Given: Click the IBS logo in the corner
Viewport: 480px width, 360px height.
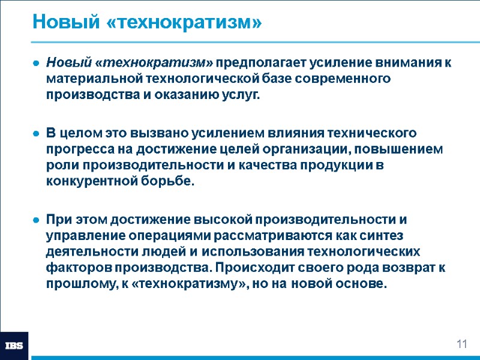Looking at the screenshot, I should pyautogui.click(x=14, y=345).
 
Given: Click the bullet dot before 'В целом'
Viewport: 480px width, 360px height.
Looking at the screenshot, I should pyautogui.click(x=37, y=132).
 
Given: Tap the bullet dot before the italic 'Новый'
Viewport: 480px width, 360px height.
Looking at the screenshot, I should pyautogui.click(x=37, y=62).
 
